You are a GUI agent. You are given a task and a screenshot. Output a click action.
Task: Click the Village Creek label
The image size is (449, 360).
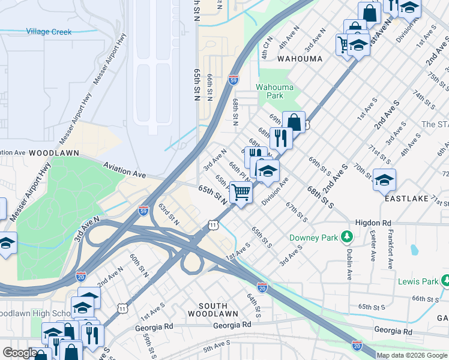(x=49, y=32)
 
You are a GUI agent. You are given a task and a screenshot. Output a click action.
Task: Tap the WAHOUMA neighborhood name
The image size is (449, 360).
(x=300, y=59)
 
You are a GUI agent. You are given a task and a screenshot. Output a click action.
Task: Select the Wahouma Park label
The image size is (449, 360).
(x=274, y=91)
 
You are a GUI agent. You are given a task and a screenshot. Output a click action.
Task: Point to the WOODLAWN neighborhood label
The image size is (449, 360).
(x=54, y=153)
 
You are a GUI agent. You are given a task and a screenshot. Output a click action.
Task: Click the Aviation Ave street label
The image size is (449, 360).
(x=124, y=170)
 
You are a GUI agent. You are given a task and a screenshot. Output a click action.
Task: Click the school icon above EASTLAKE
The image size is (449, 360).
(x=384, y=179)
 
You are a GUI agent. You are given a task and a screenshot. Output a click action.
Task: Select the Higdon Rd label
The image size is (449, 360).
(x=373, y=222)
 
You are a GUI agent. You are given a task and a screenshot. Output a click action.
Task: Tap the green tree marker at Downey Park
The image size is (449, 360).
(x=346, y=236)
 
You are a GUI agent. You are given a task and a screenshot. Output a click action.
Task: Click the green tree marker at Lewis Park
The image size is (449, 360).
(x=445, y=280)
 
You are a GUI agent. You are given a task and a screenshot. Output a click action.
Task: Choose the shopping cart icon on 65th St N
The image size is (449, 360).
(x=241, y=193)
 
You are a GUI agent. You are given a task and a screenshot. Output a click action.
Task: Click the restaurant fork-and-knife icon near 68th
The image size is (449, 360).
(x=280, y=137)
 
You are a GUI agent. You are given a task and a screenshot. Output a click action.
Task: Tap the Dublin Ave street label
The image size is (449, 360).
(x=349, y=264)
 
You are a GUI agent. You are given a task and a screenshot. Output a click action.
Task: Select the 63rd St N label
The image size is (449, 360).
(x=169, y=214)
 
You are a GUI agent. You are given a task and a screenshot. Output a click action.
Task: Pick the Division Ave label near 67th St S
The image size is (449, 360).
(x=276, y=191)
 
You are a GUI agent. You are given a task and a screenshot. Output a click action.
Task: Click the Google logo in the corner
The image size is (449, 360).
(x=19, y=353)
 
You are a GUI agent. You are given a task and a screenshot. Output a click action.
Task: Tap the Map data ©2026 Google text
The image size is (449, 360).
(x=412, y=355)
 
